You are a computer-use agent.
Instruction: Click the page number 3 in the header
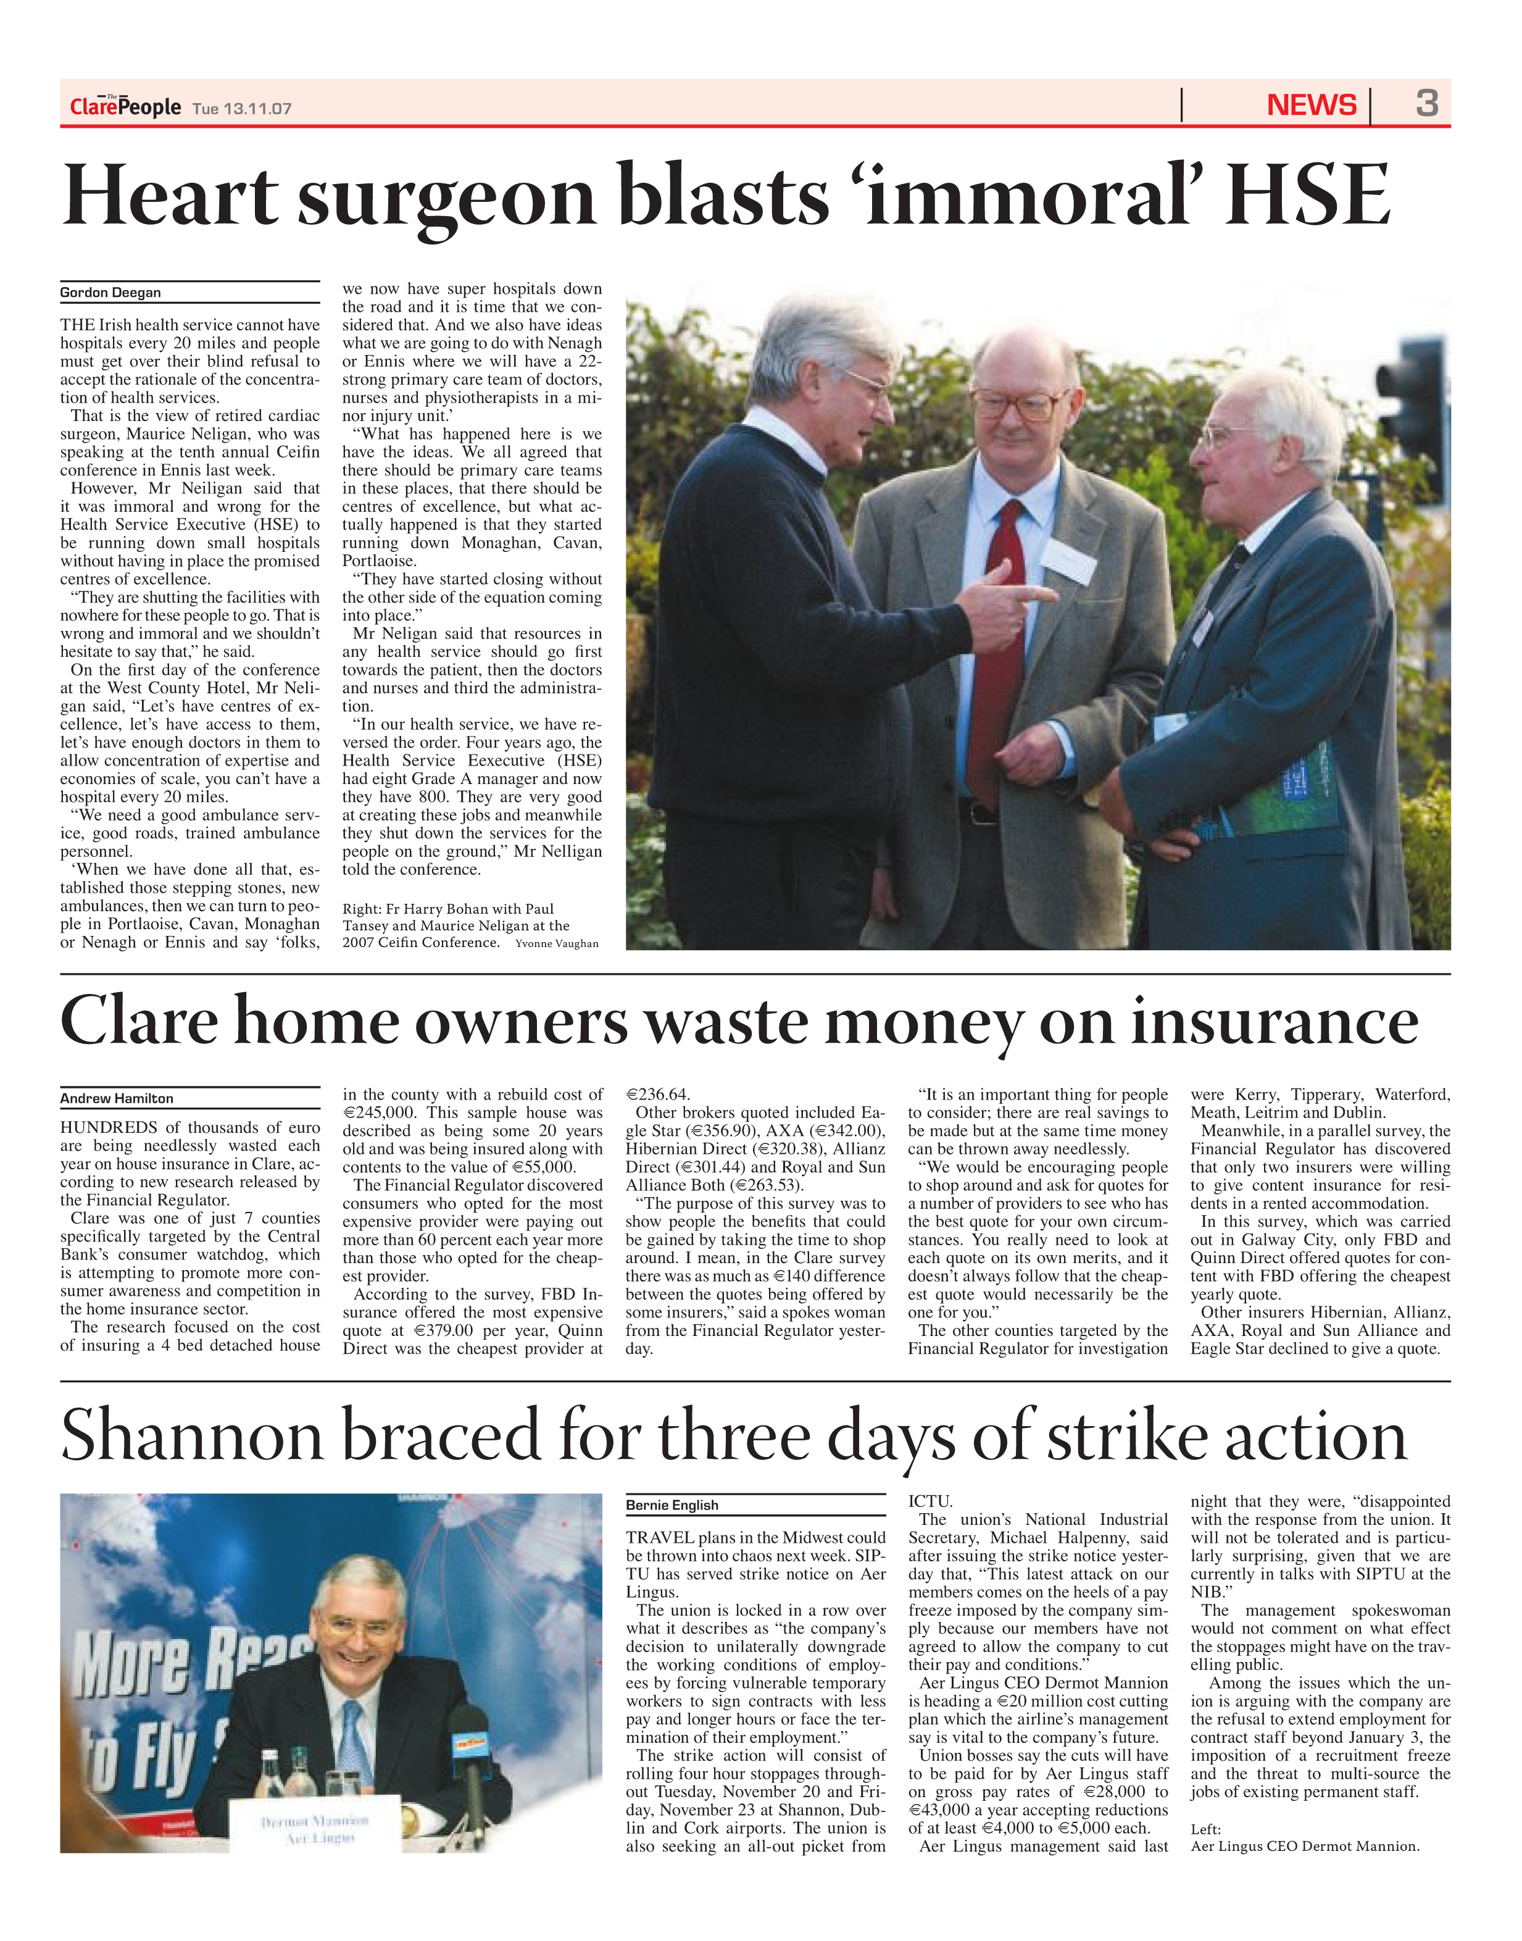(1427, 104)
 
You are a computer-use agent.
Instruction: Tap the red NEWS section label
(1311, 105)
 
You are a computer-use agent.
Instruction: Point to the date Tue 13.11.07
(243, 109)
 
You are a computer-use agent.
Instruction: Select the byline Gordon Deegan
(110, 292)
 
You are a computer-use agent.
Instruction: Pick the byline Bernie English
(672, 1505)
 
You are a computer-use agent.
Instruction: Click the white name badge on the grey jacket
(1068, 561)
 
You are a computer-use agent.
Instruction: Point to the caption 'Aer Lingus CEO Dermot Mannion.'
(1305, 1847)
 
